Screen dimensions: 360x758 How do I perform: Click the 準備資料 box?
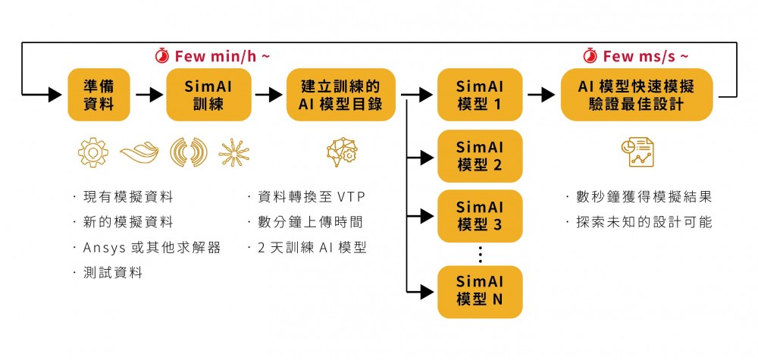(x=98, y=95)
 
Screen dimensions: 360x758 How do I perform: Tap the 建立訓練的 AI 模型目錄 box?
(x=341, y=95)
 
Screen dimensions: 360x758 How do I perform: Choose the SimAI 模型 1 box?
(x=480, y=95)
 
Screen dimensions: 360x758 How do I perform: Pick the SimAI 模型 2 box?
(x=480, y=155)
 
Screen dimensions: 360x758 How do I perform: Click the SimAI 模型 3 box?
(x=480, y=216)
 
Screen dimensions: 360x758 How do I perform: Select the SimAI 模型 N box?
(x=480, y=291)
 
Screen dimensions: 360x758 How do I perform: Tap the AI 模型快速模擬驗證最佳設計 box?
(x=637, y=95)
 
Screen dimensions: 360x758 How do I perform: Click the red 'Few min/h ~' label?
(x=213, y=56)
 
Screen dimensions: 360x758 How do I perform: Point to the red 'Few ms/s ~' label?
(x=637, y=56)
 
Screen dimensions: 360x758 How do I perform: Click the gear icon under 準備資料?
(x=92, y=152)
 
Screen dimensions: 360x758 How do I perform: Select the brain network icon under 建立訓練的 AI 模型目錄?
(x=341, y=152)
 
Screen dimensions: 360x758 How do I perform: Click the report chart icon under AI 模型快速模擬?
(x=637, y=152)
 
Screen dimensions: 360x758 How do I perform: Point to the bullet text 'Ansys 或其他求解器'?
(x=150, y=248)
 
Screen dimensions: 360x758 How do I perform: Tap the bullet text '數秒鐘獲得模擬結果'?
(x=641, y=197)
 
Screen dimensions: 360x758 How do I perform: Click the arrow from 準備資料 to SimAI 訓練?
(x=149, y=95)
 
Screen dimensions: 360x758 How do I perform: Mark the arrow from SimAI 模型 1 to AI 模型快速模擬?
(x=541, y=95)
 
